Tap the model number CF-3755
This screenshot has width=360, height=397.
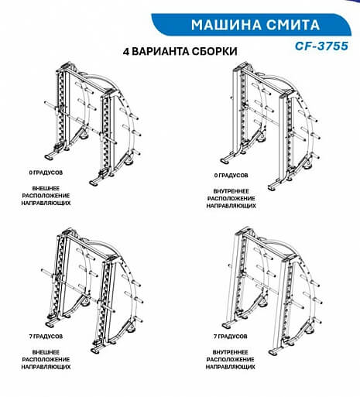point(321,46)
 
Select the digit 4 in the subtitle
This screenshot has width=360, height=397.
point(126,52)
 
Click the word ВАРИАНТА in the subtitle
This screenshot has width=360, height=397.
point(161,52)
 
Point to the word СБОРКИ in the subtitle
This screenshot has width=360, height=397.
point(214,52)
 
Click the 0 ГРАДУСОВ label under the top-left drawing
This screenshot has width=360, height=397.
point(46,173)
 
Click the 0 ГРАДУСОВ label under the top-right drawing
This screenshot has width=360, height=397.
point(231,176)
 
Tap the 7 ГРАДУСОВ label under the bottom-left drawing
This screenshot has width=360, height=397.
point(46,337)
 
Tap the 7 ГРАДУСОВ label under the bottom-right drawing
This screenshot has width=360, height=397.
point(231,337)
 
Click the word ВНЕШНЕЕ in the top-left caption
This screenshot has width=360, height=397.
point(46,188)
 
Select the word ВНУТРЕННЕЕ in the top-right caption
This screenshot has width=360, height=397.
point(231,191)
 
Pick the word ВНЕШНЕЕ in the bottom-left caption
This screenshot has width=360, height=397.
point(46,352)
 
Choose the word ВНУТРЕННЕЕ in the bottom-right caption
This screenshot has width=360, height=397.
point(231,352)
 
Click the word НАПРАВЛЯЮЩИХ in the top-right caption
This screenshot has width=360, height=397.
point(231,206)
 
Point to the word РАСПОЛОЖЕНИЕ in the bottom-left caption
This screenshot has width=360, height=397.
point(46,359)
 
